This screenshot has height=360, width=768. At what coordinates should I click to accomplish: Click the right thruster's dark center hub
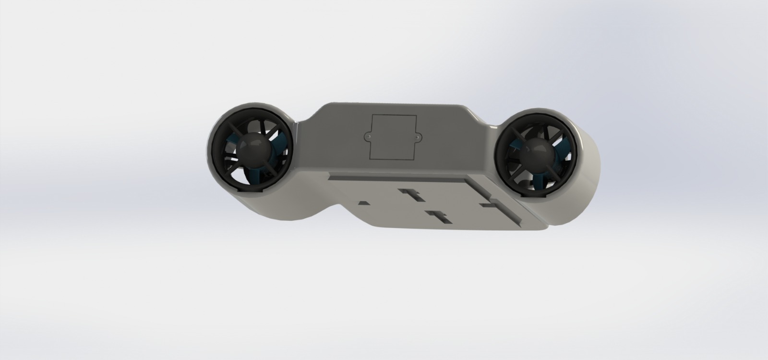537,153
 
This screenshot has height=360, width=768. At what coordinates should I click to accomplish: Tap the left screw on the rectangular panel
368,136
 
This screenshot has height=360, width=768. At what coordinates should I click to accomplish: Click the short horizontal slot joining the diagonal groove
490,206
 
